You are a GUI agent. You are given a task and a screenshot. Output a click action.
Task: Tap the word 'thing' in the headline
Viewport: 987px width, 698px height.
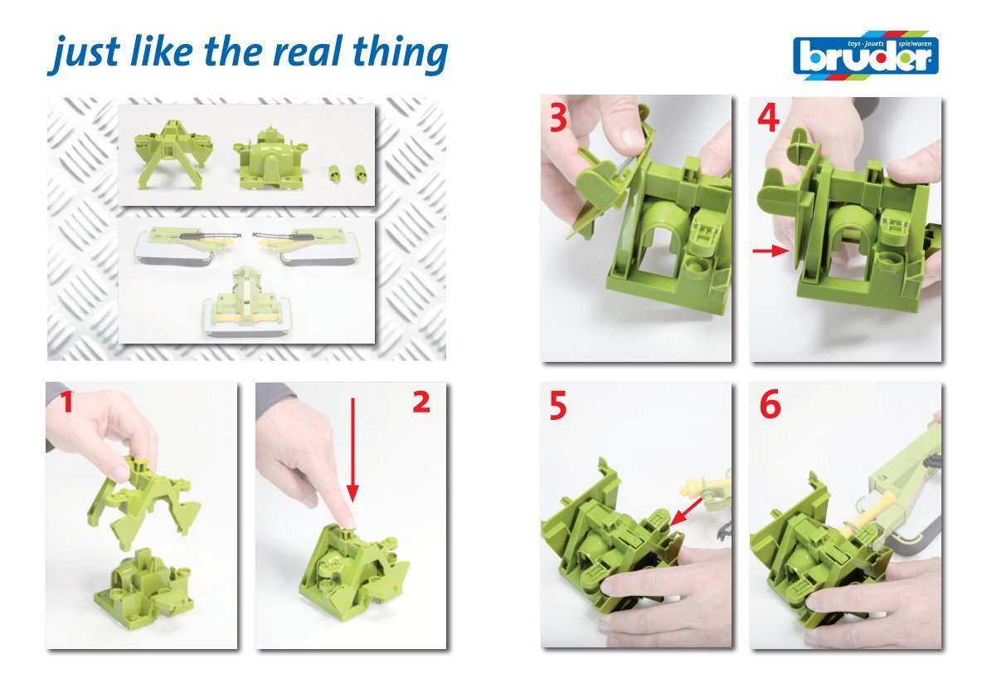point(400,53)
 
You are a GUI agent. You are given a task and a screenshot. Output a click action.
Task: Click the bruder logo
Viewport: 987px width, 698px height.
point(866,55)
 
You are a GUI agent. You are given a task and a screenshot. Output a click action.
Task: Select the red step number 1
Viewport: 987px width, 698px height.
point(66,402)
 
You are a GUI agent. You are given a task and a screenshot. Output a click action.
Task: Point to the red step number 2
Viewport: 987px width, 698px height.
point(421,402)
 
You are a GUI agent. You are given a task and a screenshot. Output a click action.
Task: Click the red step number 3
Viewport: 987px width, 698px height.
point(557,118)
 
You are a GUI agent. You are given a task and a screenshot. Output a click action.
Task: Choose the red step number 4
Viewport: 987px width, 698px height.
point(768,119)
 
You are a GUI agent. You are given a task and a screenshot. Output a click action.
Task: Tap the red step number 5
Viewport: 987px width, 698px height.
point(557,406)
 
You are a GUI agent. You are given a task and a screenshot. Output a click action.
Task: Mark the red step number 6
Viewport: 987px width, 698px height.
point(770,405)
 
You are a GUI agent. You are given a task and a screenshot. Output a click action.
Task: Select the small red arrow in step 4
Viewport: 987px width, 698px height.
point(771,251)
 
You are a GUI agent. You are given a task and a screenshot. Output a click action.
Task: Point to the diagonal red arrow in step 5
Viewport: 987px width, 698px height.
point(687,511)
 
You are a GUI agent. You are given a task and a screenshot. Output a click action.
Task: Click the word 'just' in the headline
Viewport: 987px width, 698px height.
point(83,53)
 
